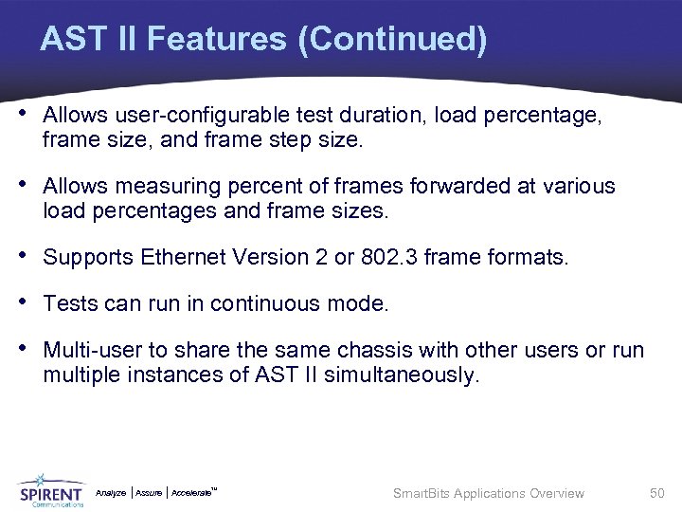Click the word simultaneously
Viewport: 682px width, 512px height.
pos(402,375)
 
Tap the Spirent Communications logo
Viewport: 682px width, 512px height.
pos(51,491)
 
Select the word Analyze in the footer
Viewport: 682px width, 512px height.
pos(111,493)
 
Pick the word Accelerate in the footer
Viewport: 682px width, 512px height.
pos(193,493)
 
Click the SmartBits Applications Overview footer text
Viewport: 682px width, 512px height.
pos(489,493)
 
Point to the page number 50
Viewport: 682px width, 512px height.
pos(657,493)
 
